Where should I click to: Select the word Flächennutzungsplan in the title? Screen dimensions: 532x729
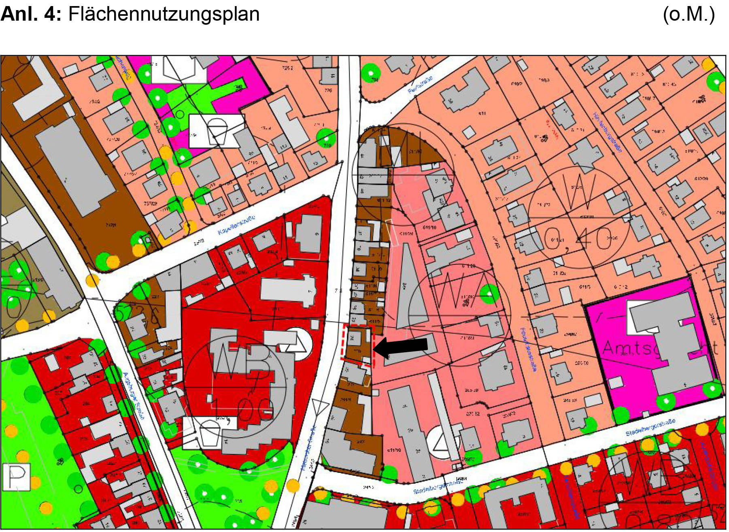click(164, 14)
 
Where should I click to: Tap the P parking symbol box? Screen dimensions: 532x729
click(17, 477)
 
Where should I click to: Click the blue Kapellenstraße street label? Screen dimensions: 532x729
click(236, 226)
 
